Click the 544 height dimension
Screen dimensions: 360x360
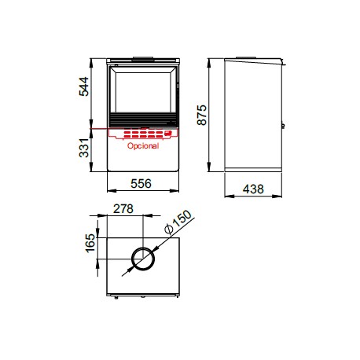click(84, 86)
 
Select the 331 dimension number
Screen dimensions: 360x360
click(84, 148)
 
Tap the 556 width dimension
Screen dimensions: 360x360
click(141, 184)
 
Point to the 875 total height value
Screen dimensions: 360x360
click(202, 115)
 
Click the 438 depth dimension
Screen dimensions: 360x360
click(253, 189)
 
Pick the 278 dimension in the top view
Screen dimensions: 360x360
click(123, 209)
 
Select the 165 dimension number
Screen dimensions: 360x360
click(90, 243)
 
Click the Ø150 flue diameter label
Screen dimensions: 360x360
click(178, 222)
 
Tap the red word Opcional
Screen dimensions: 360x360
click(143, 145)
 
